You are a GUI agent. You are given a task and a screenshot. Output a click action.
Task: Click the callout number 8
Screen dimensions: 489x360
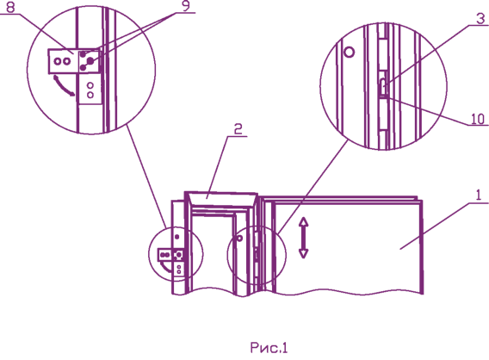10,7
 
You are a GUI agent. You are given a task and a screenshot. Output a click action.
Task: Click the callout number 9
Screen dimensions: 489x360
186,6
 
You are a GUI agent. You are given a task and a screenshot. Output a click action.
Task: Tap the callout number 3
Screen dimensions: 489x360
480,19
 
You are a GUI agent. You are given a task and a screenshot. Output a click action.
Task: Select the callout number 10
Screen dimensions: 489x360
478,119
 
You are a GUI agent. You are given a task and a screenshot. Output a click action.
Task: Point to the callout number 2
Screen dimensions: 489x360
238,129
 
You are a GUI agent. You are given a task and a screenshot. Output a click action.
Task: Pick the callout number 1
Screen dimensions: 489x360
479,196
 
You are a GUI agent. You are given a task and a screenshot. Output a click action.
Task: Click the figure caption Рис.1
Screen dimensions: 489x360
269,348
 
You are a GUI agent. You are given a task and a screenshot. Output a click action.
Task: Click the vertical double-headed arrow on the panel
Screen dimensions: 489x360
304,238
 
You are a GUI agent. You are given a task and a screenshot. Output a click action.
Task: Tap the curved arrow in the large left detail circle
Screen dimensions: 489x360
64,87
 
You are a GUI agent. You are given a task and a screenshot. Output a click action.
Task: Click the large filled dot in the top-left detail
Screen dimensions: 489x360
90,61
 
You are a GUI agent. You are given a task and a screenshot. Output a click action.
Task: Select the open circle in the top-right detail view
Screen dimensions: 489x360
349,52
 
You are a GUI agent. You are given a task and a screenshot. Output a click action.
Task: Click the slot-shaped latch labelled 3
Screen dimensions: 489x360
383,85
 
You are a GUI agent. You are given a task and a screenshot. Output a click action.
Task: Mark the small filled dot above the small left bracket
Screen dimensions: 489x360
177,237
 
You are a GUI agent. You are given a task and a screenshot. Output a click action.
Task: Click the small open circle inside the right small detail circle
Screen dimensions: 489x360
239,239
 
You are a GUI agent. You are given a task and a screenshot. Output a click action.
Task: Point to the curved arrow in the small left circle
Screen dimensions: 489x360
164,267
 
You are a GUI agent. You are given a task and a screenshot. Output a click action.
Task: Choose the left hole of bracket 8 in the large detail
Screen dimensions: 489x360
58,61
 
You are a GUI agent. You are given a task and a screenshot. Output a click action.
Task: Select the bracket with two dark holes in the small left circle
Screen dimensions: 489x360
166,255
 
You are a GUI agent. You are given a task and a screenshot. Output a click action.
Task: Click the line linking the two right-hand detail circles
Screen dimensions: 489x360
313,187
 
